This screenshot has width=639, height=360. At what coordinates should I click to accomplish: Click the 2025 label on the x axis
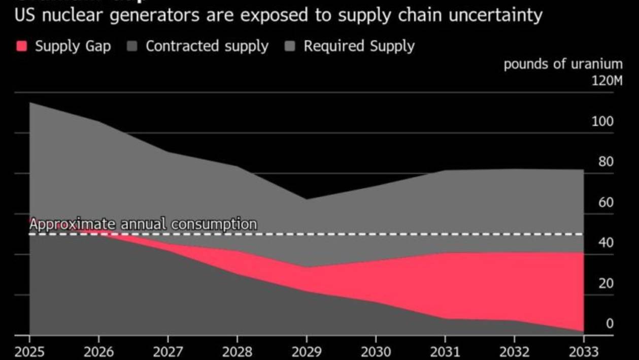29,351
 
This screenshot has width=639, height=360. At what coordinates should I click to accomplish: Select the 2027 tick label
168,351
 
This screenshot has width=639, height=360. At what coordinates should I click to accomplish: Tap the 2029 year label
307,351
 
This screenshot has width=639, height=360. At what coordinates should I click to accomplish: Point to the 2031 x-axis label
445,351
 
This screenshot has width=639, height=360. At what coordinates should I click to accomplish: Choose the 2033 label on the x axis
583,351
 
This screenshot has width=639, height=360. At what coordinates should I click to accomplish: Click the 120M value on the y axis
607,81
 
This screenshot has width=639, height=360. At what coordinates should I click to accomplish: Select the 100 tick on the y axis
602,121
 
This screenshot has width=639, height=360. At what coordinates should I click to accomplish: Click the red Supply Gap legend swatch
21,46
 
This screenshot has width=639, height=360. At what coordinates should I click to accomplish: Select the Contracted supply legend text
207,46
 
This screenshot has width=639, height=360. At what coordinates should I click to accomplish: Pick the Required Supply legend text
359,46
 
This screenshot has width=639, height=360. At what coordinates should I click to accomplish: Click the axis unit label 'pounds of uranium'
563,64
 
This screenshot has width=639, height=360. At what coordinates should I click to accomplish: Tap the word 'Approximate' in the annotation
72,224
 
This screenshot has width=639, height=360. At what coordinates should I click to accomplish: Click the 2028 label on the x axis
237,351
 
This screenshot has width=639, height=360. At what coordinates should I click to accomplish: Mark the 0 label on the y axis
609,323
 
